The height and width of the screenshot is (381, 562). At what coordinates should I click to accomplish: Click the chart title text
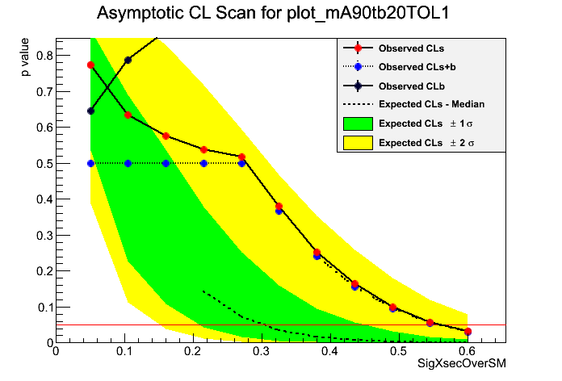[x=280, y=14]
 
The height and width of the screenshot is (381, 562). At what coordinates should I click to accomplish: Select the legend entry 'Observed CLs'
[x=411, y=48]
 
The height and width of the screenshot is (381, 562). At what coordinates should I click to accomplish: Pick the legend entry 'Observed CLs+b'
[x=416, y=67]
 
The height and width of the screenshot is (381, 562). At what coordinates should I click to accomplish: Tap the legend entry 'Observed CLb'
[x=411, y=86]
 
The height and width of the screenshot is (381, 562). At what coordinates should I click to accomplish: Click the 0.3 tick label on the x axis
[x=262, y=352]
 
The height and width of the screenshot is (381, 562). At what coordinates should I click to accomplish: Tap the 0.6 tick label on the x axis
[x=468, y=352]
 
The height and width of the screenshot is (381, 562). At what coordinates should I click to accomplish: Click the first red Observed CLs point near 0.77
[x=90, y=65]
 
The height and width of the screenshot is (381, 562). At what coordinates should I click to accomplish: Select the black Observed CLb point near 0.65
[x=90, y=111]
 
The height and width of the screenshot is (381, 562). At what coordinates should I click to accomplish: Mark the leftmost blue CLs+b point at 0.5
[x=90, y=163]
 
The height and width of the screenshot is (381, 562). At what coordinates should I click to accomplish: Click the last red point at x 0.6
[x=468, y=332]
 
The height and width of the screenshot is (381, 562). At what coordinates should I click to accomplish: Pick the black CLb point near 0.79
[x=128, y=60]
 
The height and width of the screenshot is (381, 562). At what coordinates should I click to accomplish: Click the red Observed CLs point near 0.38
[x=279, y=207]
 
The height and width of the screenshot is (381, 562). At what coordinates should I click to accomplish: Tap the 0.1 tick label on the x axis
[x=124, y=352]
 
